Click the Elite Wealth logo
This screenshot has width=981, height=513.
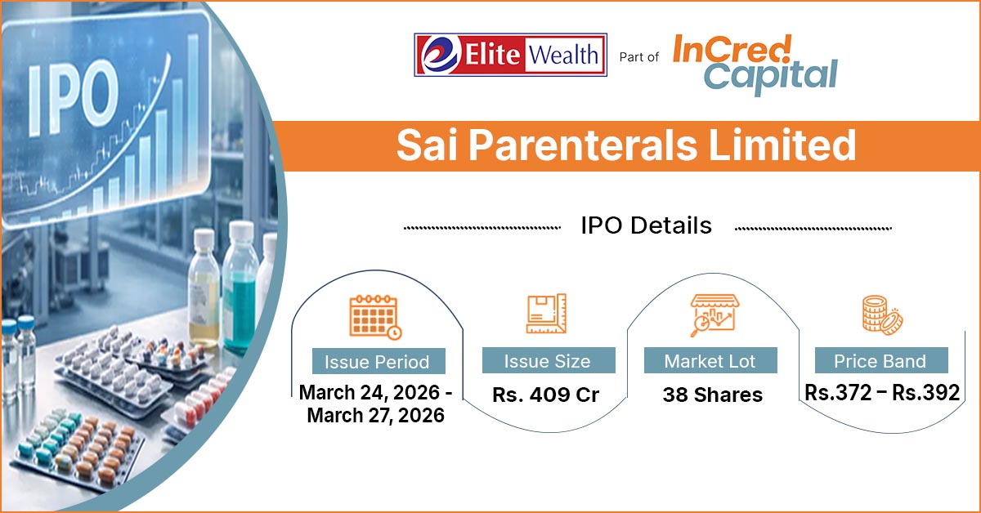[x=510, y=55]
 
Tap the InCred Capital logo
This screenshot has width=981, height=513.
[x=755, y=65]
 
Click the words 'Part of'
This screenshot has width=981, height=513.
[x=639, y=57]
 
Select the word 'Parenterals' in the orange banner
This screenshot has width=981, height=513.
[x=583, y=145]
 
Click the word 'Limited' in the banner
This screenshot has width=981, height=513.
[x=782, y=145]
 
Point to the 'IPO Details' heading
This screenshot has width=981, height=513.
[x=647, y=225]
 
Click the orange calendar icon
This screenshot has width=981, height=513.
[x=375, y=317]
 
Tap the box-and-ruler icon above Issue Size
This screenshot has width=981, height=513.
[x=546, y=314]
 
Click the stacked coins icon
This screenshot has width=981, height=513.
[x=882, y=315]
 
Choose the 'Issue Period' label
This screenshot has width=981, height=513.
[x=377, y=362]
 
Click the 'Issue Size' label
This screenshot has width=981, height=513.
[x=548, y=361]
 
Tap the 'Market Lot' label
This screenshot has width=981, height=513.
[x=710, y=361]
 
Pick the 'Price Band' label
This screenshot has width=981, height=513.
[x=880, y=361]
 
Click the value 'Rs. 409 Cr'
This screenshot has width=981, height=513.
[x=546, y=395]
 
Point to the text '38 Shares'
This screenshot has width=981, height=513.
[x=713, y=395]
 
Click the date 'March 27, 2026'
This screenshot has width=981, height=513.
[x=376, y=416]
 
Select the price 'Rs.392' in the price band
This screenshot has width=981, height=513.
[x=925, y=393]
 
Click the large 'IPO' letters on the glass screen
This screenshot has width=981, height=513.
[x=74, y=97]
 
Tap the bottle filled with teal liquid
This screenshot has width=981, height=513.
[x=240, y=289]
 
